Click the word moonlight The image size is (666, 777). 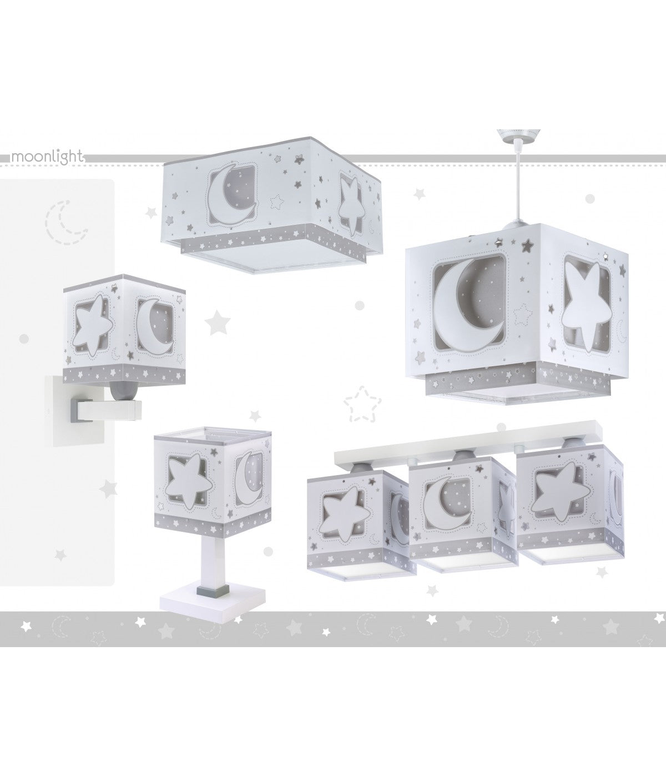click(47, 157)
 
